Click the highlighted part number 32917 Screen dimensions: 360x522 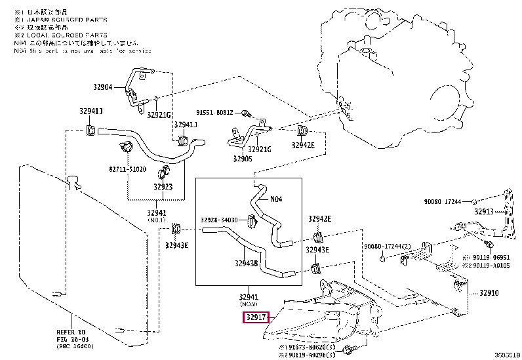[x=256, y=317]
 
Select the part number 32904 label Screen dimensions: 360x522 [x=102, y=87]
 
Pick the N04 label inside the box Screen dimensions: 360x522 [x=276, y=199]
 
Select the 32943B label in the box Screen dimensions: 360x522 [x=246, y=264]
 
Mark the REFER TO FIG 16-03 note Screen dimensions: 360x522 [x=73, y=336]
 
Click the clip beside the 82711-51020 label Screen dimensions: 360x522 [x=123, y=145]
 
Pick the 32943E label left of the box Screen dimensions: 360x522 [x=176, y=245]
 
